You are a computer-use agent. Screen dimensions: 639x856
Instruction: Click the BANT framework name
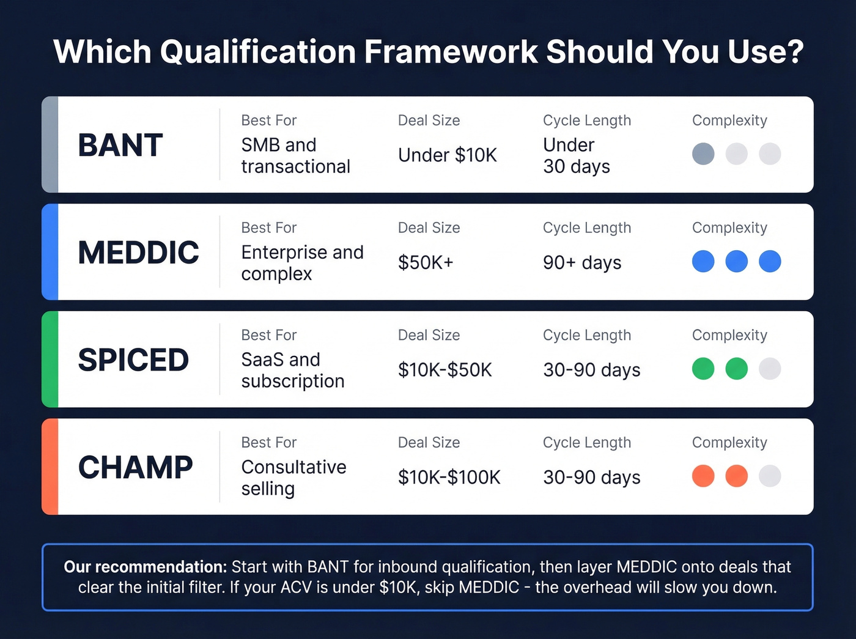click(x=120, y=146)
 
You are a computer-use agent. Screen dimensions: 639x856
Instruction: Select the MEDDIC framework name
click(x=139, y=253)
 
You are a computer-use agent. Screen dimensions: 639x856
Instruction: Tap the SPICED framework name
click(x=133, y=360)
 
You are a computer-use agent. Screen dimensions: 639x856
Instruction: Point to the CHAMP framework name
click(x=135, y=468)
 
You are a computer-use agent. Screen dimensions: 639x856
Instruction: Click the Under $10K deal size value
click(x=447, y=155)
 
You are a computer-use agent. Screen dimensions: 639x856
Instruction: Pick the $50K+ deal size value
click(x=426, y=262)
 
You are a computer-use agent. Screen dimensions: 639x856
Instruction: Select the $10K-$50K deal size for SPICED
click(x=445, y=370)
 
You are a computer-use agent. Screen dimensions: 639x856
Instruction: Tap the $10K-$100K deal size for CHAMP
click(x=449, y=477)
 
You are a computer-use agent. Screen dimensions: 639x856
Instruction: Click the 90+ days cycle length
click(x=581, y=262)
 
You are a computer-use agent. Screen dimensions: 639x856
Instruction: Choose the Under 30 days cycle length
click(x=576, y=155)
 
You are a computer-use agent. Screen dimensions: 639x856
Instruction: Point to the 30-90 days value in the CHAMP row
click(x=591, y=477)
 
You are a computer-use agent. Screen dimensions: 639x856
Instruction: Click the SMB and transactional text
click(x=295, y=155)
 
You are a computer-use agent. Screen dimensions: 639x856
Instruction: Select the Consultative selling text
click(x=293, y=478)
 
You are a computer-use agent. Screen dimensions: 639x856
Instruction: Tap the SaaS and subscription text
click(x=292, y=370)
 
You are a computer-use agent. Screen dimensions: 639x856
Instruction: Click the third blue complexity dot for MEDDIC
click(x=769, y=261)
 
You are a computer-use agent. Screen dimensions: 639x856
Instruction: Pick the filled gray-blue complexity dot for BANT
click(x=703, y=154)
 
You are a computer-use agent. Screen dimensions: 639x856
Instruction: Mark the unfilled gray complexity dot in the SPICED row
click(x=769, y=369)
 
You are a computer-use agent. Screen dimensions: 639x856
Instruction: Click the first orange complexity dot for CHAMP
click(x=703, y=476)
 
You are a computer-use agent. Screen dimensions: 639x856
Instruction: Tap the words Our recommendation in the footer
click(x=145, y=567)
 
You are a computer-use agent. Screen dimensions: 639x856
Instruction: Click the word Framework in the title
click(x=451, y=51)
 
